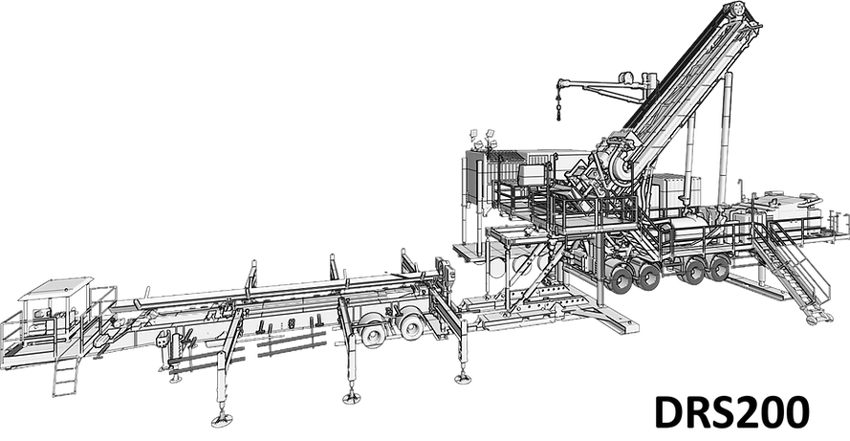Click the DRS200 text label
[x=731, y=412]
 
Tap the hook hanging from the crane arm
[x=557, y=107]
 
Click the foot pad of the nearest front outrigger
[x=222, y=419]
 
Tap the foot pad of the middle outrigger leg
[x=351, y=398]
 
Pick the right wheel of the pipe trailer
[x=411, y=324]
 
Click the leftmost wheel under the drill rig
[x=619, y=276]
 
